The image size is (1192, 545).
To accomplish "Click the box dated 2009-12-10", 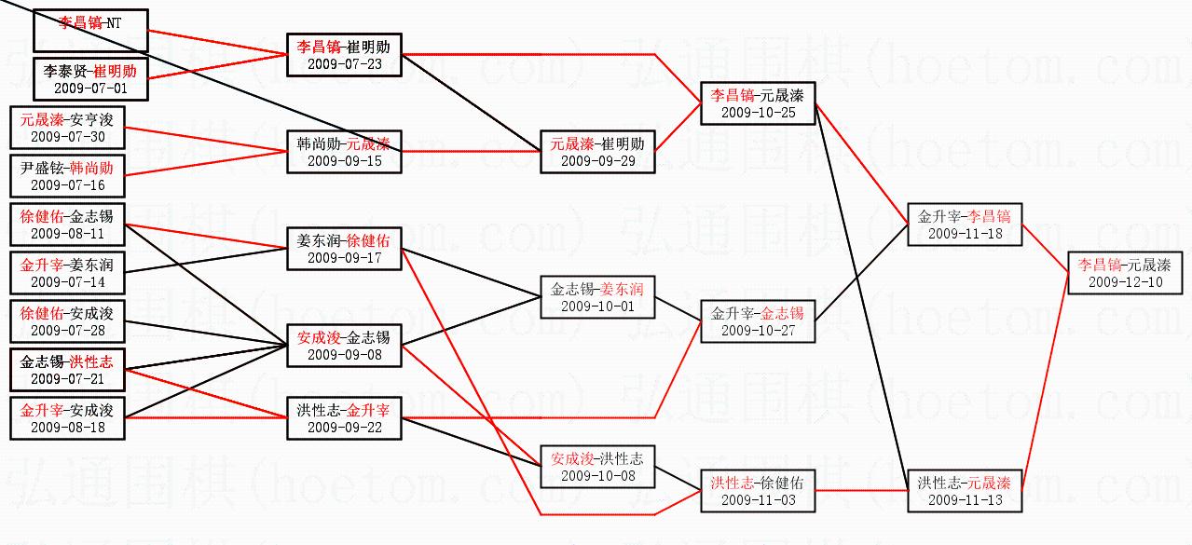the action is click(1125, 272).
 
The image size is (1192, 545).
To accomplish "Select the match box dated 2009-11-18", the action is click(965, 225).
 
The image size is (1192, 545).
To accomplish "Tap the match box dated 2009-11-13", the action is click(965, 491).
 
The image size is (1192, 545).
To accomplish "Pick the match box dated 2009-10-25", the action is click(758, 103).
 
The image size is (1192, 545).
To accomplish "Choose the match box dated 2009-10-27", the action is click(758, 321).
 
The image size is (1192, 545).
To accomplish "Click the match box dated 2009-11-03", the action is click(758, 491).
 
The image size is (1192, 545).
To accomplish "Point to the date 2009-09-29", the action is click(597, 160).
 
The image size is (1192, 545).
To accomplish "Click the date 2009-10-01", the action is click(597, 306).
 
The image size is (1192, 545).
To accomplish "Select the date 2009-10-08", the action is click(597, 475).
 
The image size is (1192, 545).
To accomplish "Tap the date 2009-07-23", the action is click(344, 63).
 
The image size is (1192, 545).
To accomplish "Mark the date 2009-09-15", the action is click(344, 160).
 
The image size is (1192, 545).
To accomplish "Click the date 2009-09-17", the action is click(344, 257).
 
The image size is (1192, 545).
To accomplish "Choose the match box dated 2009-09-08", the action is click(344, 346).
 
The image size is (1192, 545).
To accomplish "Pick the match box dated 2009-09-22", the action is click(344, 418).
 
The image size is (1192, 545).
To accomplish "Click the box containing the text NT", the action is click(90, 31).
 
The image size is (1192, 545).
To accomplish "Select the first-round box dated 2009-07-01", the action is click(90, 79).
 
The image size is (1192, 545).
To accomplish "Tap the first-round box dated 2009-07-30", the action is click(66, 128).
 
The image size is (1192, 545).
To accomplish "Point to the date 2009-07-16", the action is click(67, 184).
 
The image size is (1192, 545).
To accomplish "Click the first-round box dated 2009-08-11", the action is click(66, 225).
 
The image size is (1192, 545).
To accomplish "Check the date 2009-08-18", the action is click(67, 427).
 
